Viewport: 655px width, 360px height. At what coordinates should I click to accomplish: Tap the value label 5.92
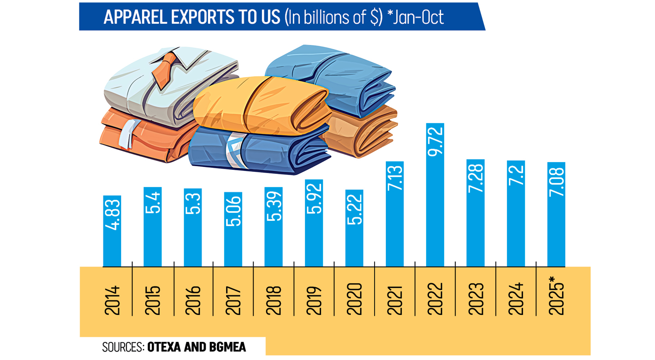coord(314,198)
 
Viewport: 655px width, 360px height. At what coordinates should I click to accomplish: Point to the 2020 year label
coord(354,299)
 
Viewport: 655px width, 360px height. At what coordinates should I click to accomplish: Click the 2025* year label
coord(556,296)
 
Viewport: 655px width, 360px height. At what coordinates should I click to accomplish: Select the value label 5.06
coord(233,211)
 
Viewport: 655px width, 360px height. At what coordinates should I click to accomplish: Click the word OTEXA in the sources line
coord(164,347)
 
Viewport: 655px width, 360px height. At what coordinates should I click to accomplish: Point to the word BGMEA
coord(227,347)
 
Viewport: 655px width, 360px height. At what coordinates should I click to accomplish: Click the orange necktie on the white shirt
coord(163,71)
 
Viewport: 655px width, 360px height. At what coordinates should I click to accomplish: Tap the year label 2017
coord(233,300)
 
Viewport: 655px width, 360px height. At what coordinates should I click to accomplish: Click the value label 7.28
coord(475,178)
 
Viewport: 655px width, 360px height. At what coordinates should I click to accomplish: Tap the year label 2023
coord(476,299)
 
